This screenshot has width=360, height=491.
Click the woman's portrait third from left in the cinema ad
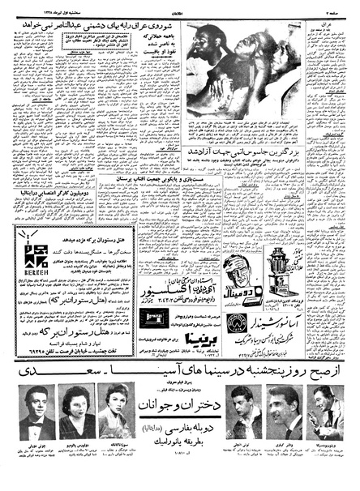(x=114, y=404)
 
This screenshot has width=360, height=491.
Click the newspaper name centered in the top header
(x=179, y=7)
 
